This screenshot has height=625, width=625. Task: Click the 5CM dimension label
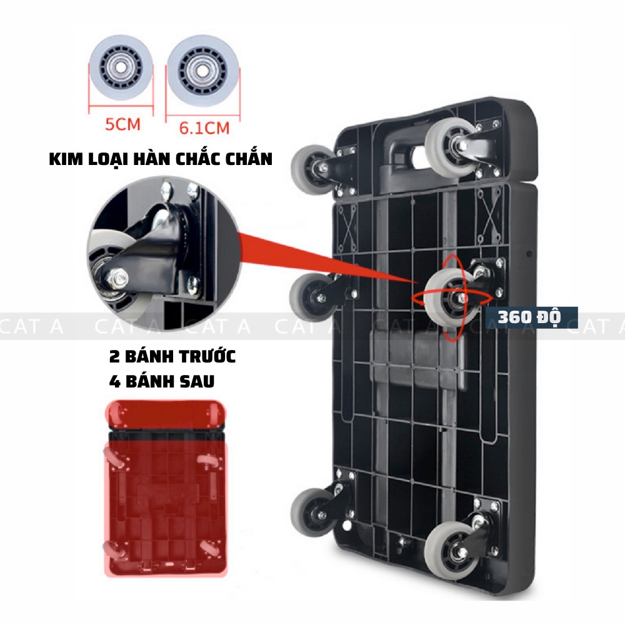tap(122, 124)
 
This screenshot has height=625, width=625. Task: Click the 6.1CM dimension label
tap(204, 128)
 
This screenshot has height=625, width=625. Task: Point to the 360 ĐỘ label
tap(529, 317)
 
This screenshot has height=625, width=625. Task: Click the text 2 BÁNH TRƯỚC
tap(172, 357)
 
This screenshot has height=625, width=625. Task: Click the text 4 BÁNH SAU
tap(161, 381)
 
